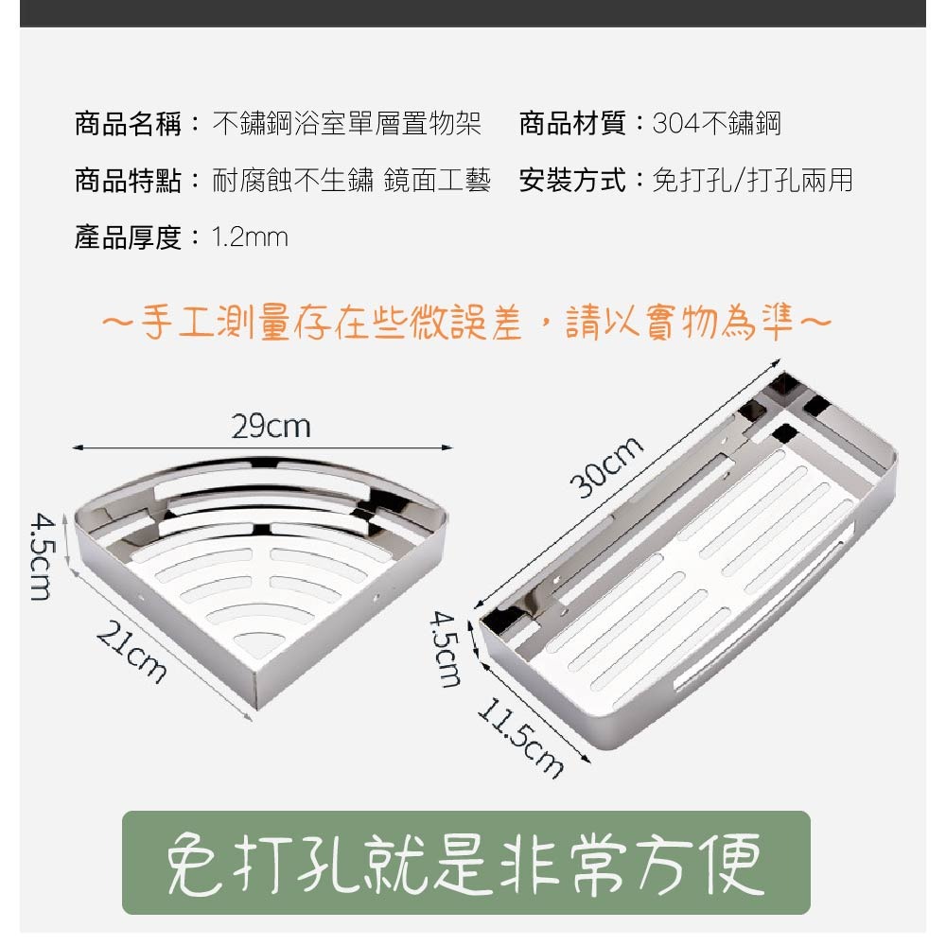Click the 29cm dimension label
point(271,426)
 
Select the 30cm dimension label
point(607,467)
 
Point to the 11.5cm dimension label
point(520,737)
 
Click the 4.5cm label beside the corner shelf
point(42,556)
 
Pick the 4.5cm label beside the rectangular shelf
point(446,649)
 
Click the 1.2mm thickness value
point(250,237)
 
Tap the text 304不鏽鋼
point(717,124)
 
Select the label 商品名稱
point(128,124)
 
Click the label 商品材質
point(572,124)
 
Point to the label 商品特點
point(128,181)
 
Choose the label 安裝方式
point(572,181)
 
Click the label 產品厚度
point(128,237)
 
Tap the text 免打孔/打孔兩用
point(753,181)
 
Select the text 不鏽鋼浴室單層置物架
point(347,124)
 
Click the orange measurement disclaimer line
point(466,323)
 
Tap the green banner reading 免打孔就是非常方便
point(465,863)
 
